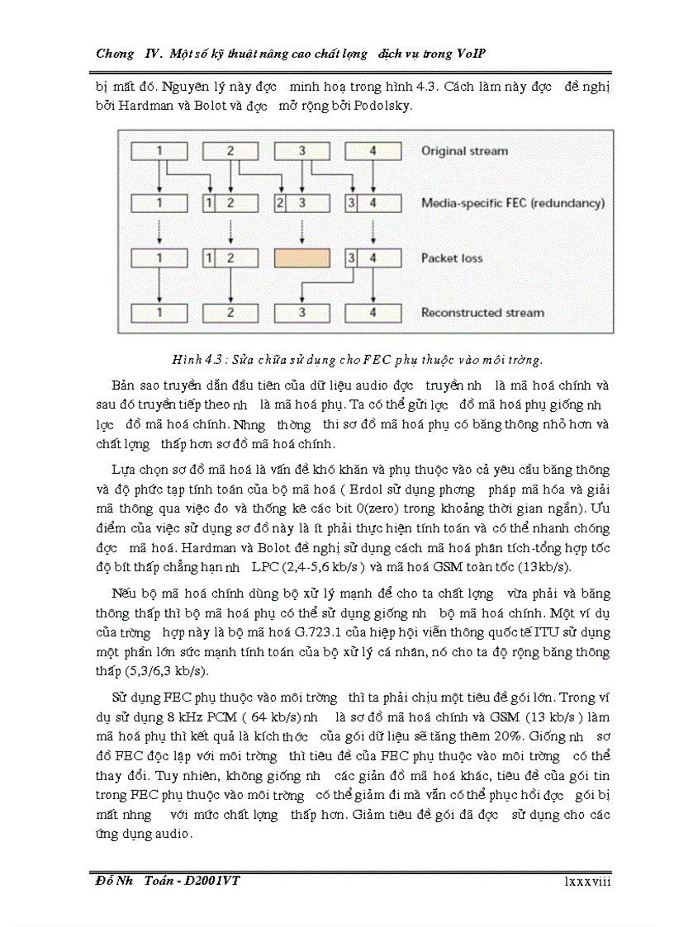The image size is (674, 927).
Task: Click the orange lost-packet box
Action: pyautogui.click(x=301, y=258)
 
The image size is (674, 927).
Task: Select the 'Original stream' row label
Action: pyautogui.click(x=464, y=151)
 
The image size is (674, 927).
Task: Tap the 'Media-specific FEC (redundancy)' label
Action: pyautogui.click(x=512, y=203)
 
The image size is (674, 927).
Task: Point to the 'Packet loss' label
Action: pyautogui.click(x=452, y=258)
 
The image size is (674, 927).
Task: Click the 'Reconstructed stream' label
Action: pyautogui.click(x=482, y=313)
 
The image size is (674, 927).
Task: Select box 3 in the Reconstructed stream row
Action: pyautogui.click(x=301, y=313)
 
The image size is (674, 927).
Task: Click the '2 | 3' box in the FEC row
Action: pyautogui.click(x=301, y=203)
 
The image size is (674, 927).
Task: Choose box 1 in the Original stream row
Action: pyautogui.click(x=159, y=151)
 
